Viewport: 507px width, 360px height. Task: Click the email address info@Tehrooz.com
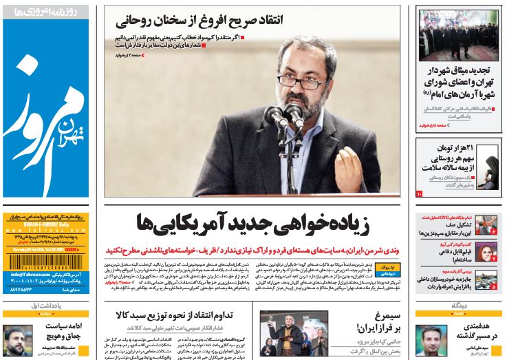[x=28, y=275]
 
